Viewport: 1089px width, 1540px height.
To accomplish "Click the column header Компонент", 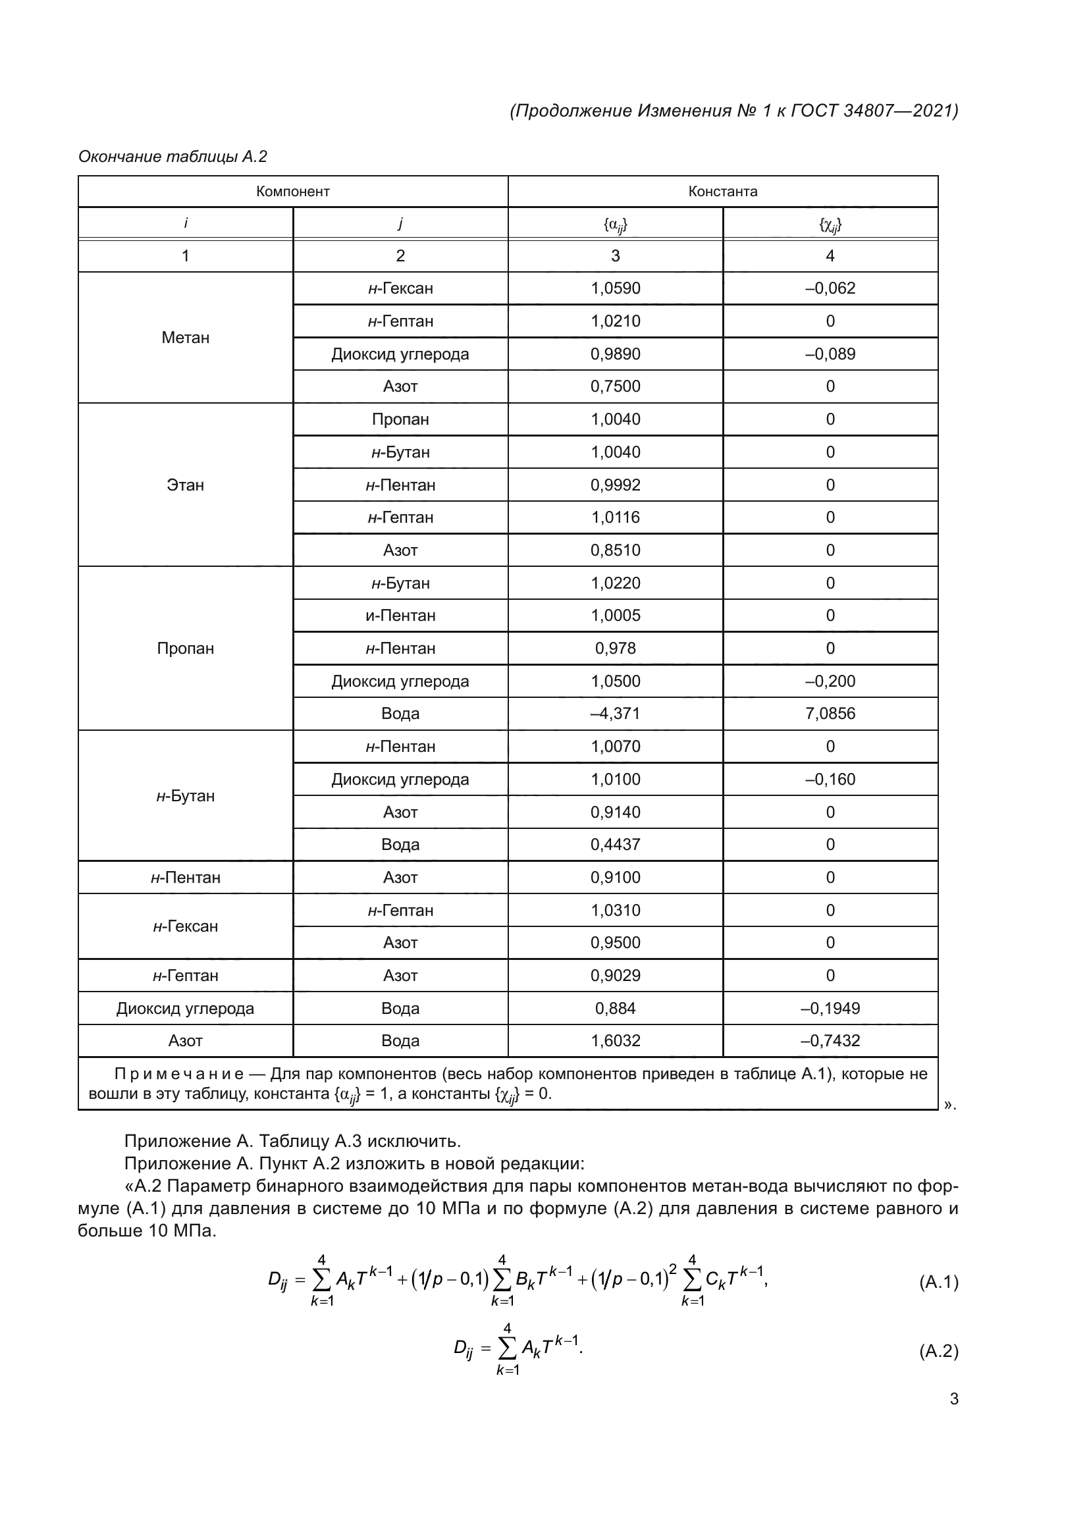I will (x=292, y=192).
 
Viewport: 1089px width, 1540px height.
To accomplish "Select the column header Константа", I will (x=722, y=192).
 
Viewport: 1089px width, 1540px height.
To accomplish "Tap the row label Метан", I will (x=185, y=338).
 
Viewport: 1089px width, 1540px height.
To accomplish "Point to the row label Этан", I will (x=185, y=485).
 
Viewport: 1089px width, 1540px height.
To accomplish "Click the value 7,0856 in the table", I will (x=830, y=714).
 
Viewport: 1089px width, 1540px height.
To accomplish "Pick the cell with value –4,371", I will (x=615, y=714).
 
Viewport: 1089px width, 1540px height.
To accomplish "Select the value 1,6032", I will (x=615, y=1040).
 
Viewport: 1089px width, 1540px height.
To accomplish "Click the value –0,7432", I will (x=830, y=1040).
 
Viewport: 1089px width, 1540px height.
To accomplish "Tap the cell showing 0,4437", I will (x=615, y=845).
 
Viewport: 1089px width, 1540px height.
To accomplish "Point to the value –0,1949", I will (x=830, y=1008).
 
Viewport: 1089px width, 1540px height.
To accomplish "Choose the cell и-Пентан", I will (x=400, y=616).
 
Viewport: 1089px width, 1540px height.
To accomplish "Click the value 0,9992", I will (x=615, y=485).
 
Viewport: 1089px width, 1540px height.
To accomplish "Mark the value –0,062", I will (x=830, y=288).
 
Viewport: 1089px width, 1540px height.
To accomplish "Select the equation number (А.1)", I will (x=938, y=1283).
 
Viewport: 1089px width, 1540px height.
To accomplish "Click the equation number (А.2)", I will (x=938, y=1351).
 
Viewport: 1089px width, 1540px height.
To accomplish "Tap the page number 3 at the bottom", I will (x=953, y=1399).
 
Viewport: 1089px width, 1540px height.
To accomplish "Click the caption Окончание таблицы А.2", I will (x=173, y=157).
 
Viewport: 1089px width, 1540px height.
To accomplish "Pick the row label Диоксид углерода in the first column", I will (x=185, y=1008).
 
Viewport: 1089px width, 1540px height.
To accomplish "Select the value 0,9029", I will (x=615, y=975).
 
